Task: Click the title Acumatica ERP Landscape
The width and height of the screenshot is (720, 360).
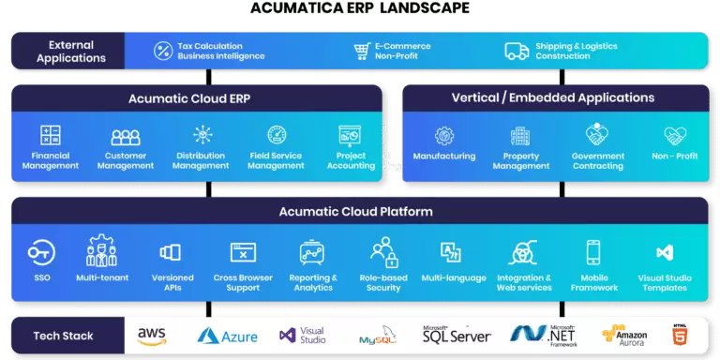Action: tap(360, 9)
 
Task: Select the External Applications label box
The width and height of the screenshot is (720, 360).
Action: tap(71, 51)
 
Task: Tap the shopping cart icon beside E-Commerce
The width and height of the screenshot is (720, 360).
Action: tap(361, 51)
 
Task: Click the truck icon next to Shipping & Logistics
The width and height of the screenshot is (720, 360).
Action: tap(517, 51)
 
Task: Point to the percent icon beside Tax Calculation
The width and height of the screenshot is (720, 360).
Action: tap(163, 51)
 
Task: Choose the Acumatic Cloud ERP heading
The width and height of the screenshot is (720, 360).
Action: tap(196, 98)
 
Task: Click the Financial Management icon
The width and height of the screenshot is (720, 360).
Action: tap(51, 135)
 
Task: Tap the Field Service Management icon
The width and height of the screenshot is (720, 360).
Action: tap(277, 135)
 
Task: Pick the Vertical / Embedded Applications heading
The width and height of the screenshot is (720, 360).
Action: tap(553, 98)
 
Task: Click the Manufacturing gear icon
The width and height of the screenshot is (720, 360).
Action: tap(444, 136)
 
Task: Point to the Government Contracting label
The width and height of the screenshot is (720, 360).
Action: tap(597, 160)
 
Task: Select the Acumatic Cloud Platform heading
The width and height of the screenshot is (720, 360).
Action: tap(355, 212)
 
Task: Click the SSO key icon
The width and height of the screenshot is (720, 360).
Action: tap(40, 251)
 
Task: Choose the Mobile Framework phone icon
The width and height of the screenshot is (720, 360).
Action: tap(592, 251)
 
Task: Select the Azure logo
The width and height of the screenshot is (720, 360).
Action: tap(227, 335)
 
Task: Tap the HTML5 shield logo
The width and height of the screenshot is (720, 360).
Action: tap(680, 334)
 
